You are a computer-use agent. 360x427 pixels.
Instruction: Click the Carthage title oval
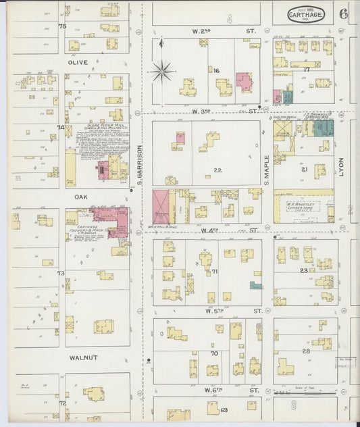[305, 14]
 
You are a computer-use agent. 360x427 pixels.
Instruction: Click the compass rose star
[162, 71]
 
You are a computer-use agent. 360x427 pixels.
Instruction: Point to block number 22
[217, 170]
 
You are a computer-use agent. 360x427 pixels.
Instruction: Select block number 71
[215, 271]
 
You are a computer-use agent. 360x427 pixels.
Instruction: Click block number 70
[214, 353]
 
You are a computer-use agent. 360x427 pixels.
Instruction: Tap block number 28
[305, 351]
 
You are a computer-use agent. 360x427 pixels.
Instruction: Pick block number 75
[61, 26]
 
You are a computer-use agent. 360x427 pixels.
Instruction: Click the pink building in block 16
[243, 82]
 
